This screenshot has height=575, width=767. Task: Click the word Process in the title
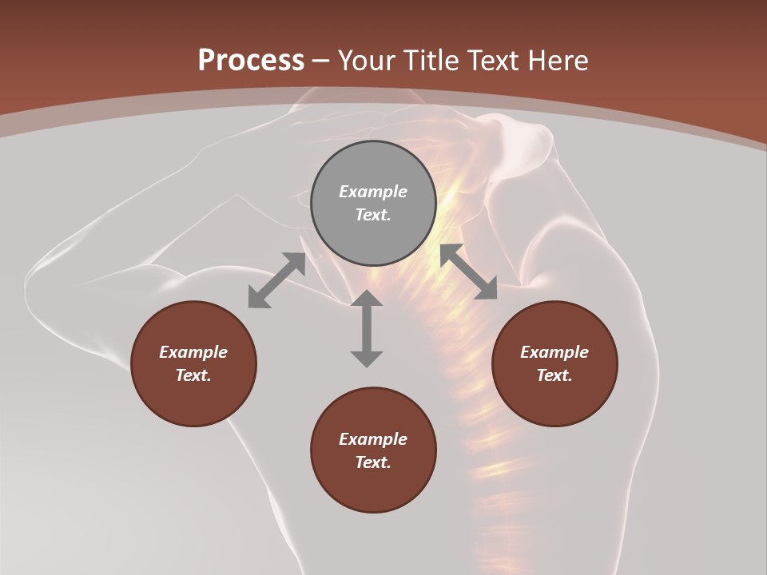251,61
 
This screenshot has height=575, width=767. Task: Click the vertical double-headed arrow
367,328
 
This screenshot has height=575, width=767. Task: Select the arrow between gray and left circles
276,280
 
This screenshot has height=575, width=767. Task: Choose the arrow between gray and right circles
468,272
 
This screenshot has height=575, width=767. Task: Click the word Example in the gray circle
373,192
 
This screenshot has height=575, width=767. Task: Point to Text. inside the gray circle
373,215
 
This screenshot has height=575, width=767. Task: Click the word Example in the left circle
193,352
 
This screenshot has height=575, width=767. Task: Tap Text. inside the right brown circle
554,375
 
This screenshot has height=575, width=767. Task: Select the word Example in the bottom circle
373,439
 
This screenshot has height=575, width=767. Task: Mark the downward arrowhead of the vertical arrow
367,358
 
